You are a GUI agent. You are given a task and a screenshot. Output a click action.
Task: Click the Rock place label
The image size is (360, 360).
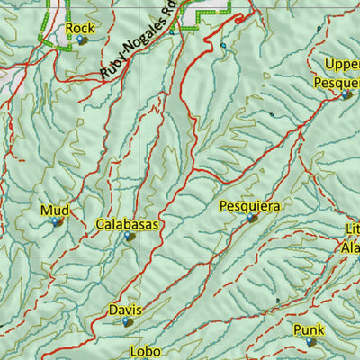(80, 29)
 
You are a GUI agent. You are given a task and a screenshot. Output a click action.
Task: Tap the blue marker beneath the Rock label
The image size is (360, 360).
(82, 40)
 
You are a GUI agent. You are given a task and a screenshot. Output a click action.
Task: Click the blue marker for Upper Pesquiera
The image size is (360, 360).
(346, 94)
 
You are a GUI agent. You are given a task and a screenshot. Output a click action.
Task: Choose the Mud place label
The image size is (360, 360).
(52, 211)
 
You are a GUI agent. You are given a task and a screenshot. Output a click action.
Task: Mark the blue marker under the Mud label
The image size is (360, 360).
(55, 221)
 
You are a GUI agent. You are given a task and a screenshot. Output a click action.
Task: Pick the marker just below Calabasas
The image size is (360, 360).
(130, 237)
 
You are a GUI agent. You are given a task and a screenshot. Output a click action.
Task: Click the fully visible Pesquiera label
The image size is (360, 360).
(249, 206)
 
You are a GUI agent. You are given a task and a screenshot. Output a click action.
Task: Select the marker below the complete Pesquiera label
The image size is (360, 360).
(252, 218)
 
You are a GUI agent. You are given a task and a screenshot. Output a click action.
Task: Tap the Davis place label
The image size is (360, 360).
(125, 310)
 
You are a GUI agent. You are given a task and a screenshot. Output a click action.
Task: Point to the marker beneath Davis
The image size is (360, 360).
(127, 322)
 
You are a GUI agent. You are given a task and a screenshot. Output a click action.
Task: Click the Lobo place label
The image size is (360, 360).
(144, 351)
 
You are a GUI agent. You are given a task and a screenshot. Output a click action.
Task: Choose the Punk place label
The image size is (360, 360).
(308, 330)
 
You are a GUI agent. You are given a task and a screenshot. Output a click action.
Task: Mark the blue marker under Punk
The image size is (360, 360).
(310, 342)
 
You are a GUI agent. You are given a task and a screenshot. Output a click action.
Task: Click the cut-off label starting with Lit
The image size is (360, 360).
(351, 229)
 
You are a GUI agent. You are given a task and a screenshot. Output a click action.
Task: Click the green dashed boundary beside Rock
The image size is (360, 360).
(40, 27)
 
